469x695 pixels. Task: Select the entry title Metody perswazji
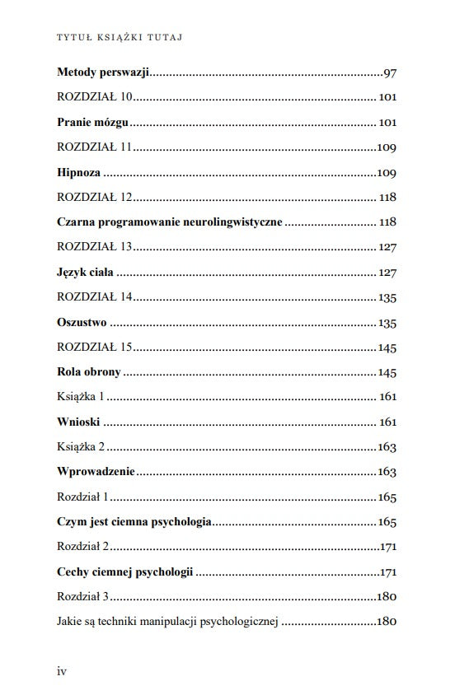coord(103,72)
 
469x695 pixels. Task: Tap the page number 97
coord(390,73)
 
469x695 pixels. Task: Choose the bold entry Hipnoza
coord(79,173)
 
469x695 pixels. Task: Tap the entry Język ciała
coord(86,272)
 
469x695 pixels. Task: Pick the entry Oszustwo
coord(82,322)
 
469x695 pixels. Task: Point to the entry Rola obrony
coord(89,371)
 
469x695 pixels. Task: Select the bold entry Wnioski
coord(79,422)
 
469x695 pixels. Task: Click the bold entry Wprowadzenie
coord(96,472)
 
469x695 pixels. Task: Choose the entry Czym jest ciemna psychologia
coord(134,522)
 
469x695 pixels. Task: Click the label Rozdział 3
coord(83,596)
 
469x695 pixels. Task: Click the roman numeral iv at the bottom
coord(62,671)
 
